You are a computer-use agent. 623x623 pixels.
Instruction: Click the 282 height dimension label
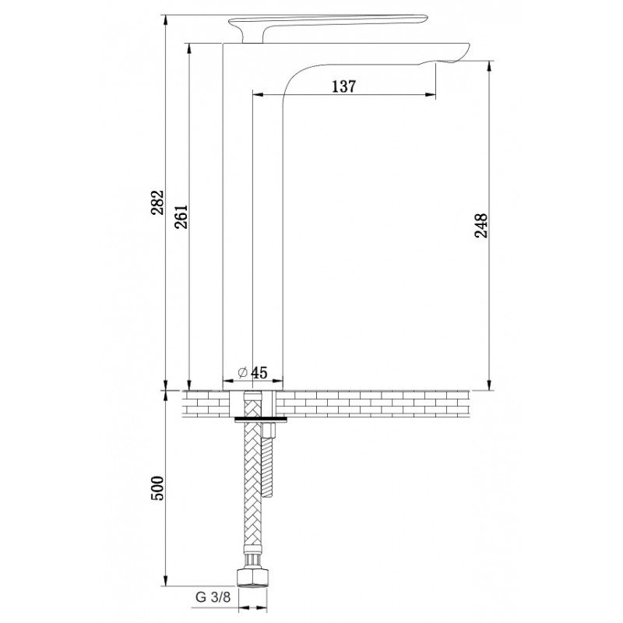(x=158, y=202)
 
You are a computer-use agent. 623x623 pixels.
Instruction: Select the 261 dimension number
(x=181, y=217)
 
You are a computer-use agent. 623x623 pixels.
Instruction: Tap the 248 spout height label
(x=481, y=225)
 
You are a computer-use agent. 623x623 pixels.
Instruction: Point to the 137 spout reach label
(x=344, y=86)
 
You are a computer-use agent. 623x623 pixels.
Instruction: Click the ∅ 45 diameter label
(x=252, y=373)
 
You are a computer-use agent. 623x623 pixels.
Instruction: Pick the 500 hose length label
(x=158, y=488)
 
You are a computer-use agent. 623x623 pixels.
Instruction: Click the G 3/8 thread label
(x=213, y=597)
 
